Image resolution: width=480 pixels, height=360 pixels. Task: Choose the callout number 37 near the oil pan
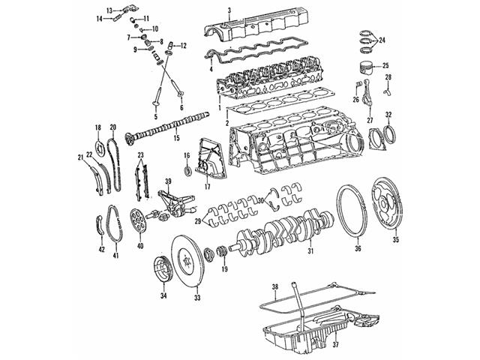335,345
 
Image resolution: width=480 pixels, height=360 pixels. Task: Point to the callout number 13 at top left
109,10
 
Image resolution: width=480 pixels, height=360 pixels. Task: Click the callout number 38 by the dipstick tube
274,287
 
